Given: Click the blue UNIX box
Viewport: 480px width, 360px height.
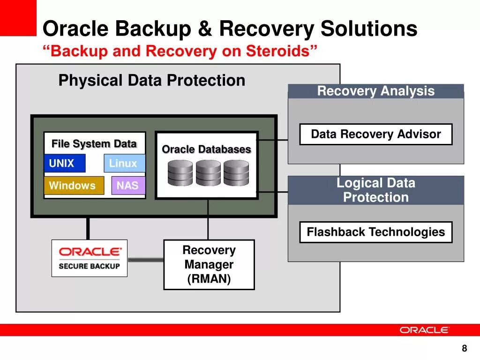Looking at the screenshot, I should (65, 163).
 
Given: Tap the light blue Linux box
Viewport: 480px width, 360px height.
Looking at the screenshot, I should (124, 163).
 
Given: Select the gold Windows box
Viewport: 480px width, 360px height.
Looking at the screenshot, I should (74, 186).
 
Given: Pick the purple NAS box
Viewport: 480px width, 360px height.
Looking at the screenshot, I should (128, 186).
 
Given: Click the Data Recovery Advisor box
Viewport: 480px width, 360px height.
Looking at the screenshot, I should (375, 135).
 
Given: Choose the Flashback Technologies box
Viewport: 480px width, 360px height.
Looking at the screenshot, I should (375, 232).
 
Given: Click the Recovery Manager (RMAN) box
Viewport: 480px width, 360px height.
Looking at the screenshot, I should (209, 265).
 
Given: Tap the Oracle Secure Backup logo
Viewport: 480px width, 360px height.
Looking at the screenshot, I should (89, 258).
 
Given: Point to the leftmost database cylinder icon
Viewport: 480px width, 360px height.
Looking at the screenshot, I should (180, 173).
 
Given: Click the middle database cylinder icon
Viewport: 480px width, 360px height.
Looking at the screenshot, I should (208, 173).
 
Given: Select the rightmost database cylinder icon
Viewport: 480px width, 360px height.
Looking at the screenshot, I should (236, 173).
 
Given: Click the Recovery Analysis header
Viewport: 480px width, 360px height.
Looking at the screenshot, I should (375, 91).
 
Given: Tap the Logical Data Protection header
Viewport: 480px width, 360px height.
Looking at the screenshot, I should (375, 190).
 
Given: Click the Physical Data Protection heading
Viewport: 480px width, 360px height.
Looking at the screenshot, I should (151, 81).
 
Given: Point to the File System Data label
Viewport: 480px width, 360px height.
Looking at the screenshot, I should (94, 144).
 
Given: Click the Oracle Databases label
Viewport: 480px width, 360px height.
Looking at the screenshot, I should (206, 150).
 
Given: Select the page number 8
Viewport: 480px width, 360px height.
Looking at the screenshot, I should (465, 348).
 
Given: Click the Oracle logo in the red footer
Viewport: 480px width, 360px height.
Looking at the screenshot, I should (424, 330).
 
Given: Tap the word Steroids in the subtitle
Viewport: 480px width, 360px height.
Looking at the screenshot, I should (280, 51).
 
